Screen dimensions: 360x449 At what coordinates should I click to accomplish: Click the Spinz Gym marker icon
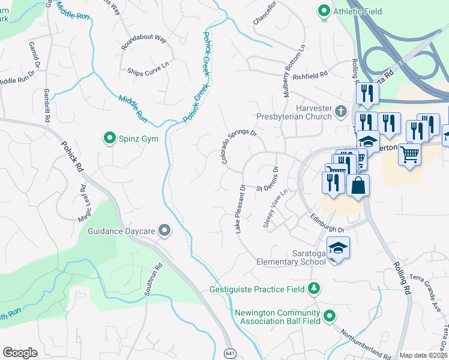110,139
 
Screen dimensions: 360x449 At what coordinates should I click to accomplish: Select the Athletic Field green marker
324,10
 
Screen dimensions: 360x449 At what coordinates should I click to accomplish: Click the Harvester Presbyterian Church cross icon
341,110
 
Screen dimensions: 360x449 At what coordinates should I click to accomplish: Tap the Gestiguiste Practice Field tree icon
313,289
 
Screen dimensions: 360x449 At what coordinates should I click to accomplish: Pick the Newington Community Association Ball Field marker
329,315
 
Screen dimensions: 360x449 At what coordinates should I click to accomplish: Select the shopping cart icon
409,154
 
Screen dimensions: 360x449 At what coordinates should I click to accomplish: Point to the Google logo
20,353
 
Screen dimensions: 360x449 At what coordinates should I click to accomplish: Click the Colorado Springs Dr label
238,147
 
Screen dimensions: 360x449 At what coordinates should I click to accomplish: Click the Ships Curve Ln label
148,67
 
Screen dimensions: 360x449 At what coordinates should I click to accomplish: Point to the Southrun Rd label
152,281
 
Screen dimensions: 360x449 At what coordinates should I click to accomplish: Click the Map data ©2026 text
424,355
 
